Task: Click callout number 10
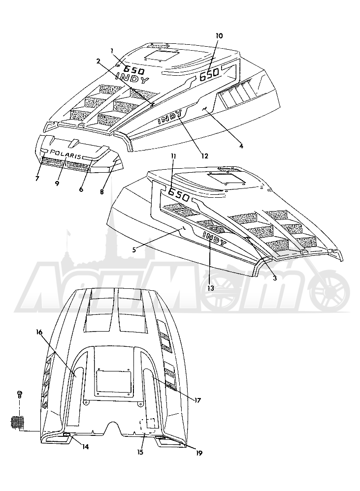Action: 219,36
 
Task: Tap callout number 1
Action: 111,50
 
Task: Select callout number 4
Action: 241,146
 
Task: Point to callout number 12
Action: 204,155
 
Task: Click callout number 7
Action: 37,179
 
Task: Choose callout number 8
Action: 102,192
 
